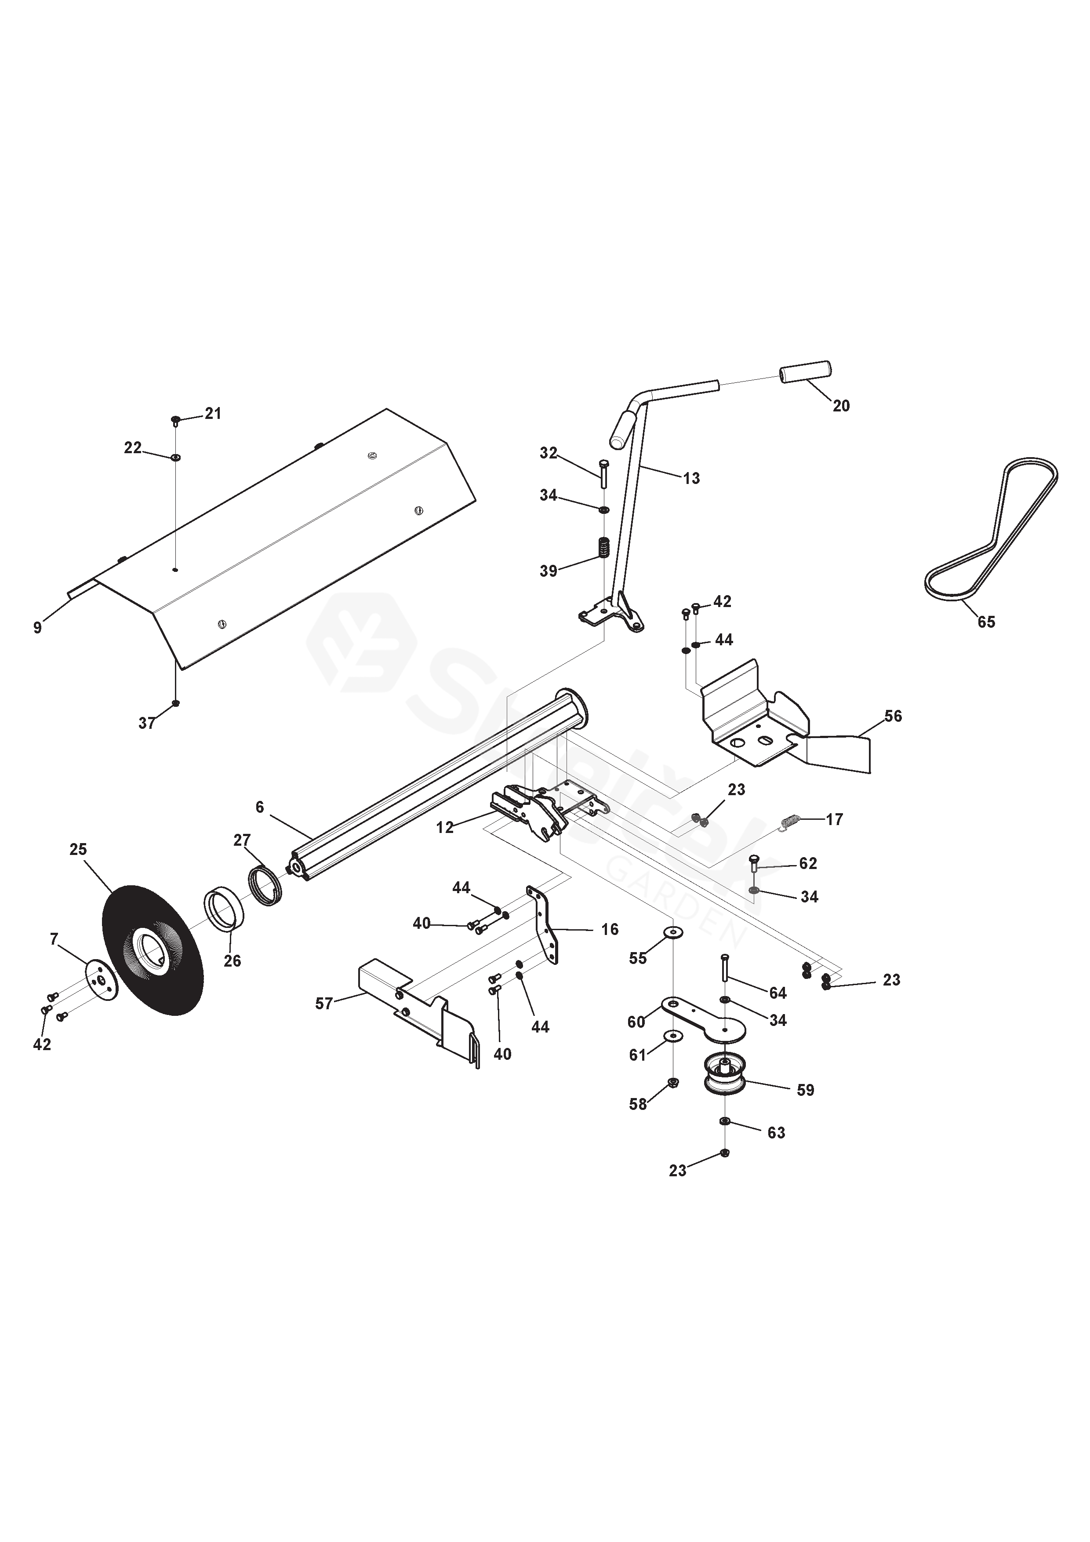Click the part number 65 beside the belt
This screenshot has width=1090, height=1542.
(x=985, y=622)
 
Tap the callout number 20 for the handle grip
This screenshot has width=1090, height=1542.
(x=841, y=406)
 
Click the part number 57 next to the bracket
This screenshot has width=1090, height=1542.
(x=324, y=1004)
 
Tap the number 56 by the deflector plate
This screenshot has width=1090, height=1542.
(x=893, y=716)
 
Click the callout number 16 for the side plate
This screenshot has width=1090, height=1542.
(x=609, y=930)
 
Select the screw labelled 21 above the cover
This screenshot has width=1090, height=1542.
(x=175, y=420)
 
